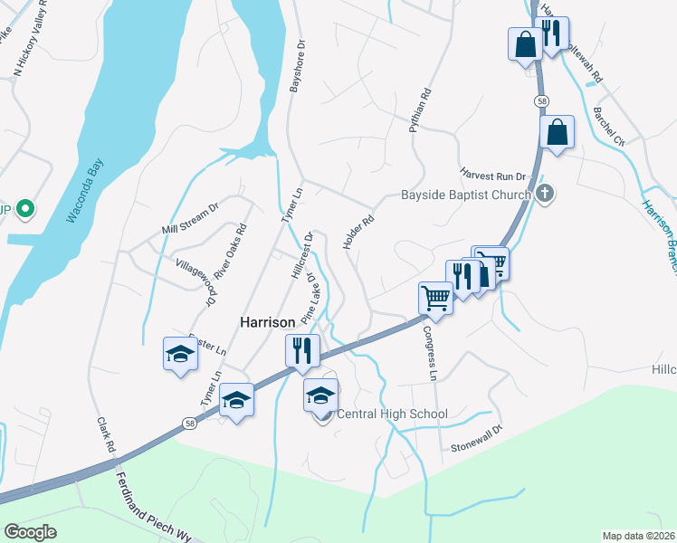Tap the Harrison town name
pyautogui.click(x=267, y=322)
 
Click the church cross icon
pyautogui.click(x=545, y=194)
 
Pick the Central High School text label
pyautogui.click(x=392, y=414)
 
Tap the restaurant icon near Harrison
pyautogui.click(x=302, y=349)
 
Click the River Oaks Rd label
pyautogui.click(x=230, y=252)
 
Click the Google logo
pyautogui.click(x=31, y=532)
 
